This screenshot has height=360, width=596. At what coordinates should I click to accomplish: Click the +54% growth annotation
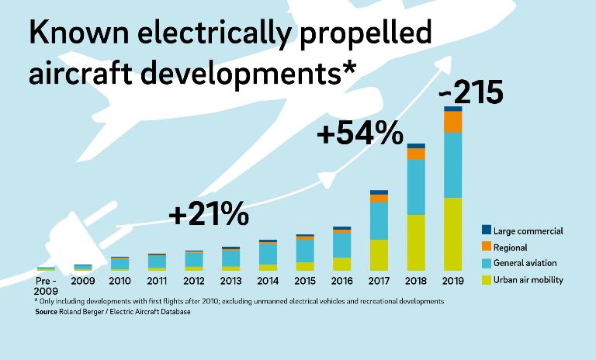pos(360,133)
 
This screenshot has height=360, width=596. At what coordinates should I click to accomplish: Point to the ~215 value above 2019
pos(471,93)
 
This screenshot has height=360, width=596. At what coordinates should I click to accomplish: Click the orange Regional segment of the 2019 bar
pos(453,122)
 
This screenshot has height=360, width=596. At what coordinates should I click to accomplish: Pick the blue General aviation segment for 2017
pos(379,220)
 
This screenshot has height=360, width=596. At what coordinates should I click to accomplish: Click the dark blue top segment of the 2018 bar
pos(416,146)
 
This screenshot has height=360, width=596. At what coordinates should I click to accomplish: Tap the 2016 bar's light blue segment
pos(341,244)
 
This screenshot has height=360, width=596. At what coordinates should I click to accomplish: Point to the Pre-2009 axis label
pos(46,285)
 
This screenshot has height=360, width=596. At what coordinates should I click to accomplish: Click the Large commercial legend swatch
pos(487,230)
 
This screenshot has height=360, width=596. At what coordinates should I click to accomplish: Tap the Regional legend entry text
pos(511,247)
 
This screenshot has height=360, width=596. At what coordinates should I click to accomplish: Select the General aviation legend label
pos(525,264)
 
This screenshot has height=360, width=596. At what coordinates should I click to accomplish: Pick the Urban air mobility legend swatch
pos(487,279)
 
